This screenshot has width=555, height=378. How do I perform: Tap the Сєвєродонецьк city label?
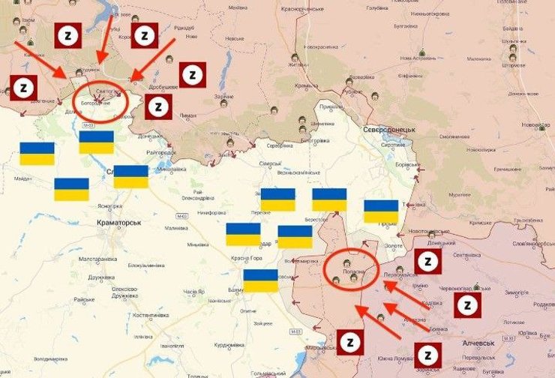coord(390,130)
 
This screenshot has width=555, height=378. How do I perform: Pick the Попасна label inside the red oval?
coord(355,271)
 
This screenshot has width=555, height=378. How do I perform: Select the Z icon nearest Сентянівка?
coord(427,262)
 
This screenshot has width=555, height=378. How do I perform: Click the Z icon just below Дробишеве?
coord(157,106)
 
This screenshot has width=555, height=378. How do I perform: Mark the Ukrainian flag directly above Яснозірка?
coord(71,189)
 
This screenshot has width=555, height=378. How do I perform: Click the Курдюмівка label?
coord(226,345)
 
